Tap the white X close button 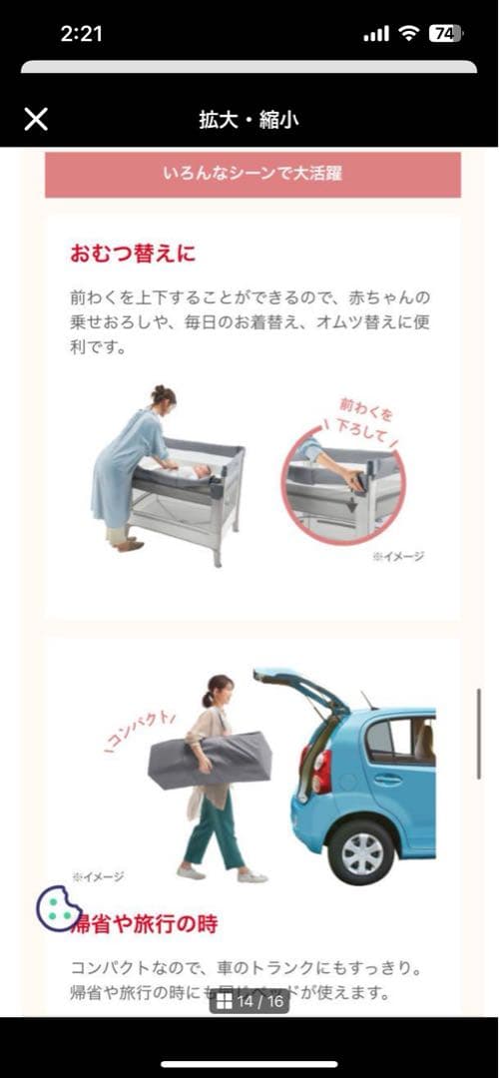point(36,120)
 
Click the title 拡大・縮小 point(249,121)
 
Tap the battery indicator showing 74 point(445,33)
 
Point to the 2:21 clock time point(81,34)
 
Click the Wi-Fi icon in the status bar point(408,34)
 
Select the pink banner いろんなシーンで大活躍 point(252,174)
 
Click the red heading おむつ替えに point(133,254)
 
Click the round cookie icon point(59,909)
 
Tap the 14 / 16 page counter point(249,1001)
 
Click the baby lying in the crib point(195,469)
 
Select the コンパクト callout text point(141,734)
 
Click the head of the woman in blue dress point(163,396)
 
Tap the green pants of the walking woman point(214,828)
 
